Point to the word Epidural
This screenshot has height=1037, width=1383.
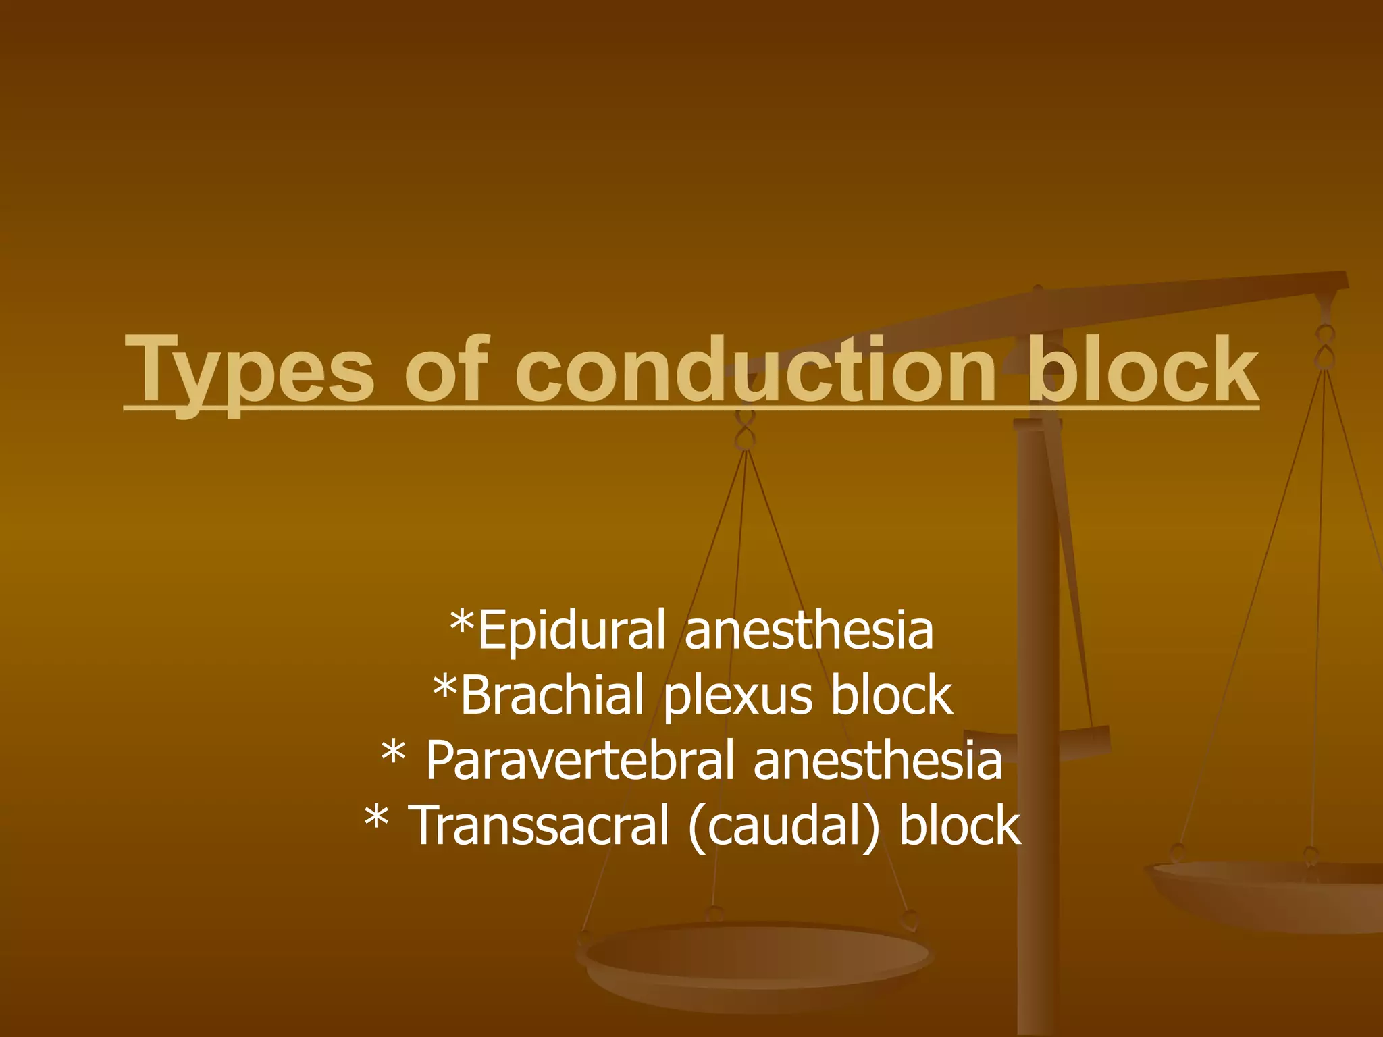(x=571, y=631)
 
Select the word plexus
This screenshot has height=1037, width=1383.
(x=738, y=697)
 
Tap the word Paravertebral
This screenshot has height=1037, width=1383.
(x=579, y=761)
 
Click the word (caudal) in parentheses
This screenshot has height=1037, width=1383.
(x=784, y=826)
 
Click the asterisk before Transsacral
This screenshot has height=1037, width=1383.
(x=376, y=818)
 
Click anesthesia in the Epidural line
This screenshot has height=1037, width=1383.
(x=809, y=631)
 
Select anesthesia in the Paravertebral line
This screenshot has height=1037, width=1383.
(x=877, y=761)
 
